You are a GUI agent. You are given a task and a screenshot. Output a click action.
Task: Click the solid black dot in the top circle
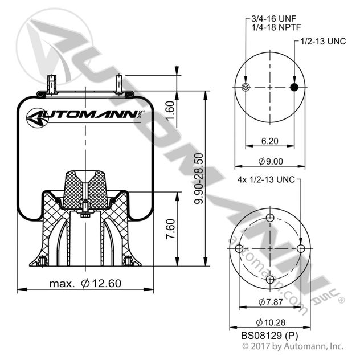click(294, 87)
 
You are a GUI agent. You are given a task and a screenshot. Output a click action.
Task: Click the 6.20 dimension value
click(270, 140)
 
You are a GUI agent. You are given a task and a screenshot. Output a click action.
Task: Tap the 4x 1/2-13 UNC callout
click(265, 179)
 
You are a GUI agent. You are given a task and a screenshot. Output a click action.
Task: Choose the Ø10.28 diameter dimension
click(271, 322)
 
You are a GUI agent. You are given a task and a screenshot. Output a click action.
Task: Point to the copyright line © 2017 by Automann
click(293, 346)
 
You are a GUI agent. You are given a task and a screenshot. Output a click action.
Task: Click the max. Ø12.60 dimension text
click(85, 283)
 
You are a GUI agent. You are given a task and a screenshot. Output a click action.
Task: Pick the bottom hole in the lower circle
click(271, 280)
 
